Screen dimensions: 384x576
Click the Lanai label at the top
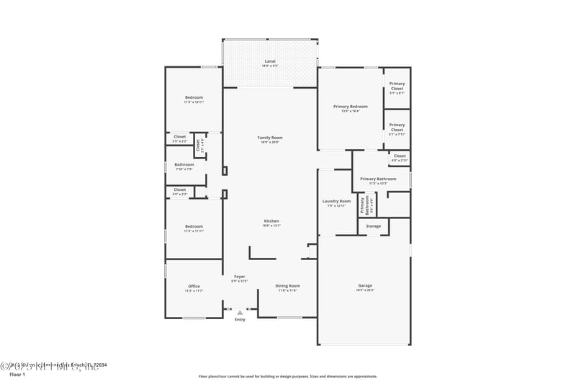(270, 63)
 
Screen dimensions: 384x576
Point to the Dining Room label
(287, 287)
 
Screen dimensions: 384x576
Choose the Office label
(194, 287)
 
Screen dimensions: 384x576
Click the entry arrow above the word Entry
(240, 313)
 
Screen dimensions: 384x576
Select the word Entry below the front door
(240, 320)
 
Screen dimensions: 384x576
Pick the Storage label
(373, 226)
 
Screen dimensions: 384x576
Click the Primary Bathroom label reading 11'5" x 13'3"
(378, 180)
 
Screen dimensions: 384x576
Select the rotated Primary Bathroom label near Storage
(367, 206)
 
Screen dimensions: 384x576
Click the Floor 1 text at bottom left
(17, 375)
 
